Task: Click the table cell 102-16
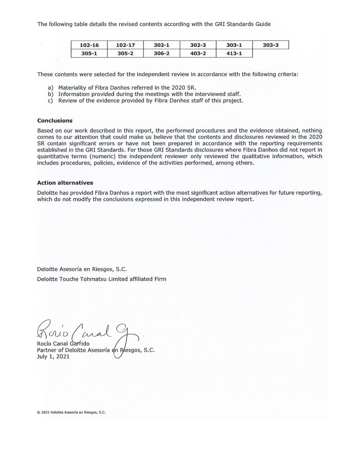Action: tap(89, 45)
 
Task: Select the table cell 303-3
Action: tap(270, 45)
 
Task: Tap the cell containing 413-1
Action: tap(234, 53)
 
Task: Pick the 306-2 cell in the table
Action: tap(162, 53)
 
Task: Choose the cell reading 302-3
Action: tap(198, 45)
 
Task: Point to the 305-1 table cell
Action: tap(89, 53)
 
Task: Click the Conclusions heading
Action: tap(55, 121)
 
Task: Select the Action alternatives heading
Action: tap(65, 183)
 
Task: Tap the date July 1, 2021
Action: tap(53, 357)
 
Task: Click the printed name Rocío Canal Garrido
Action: tap(63, 344)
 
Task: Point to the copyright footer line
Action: tap(71, 412)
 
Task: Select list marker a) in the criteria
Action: tap(50, 88)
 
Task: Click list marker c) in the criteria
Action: tap(50, 100)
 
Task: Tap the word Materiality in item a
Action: tap(72, 88)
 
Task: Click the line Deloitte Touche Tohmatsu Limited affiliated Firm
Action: tap(102, 279)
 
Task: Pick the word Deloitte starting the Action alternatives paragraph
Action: tap(48, 193)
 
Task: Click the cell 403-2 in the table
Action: tap(198, 53)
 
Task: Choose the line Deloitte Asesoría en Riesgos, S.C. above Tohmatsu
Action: tap(82, 269)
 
